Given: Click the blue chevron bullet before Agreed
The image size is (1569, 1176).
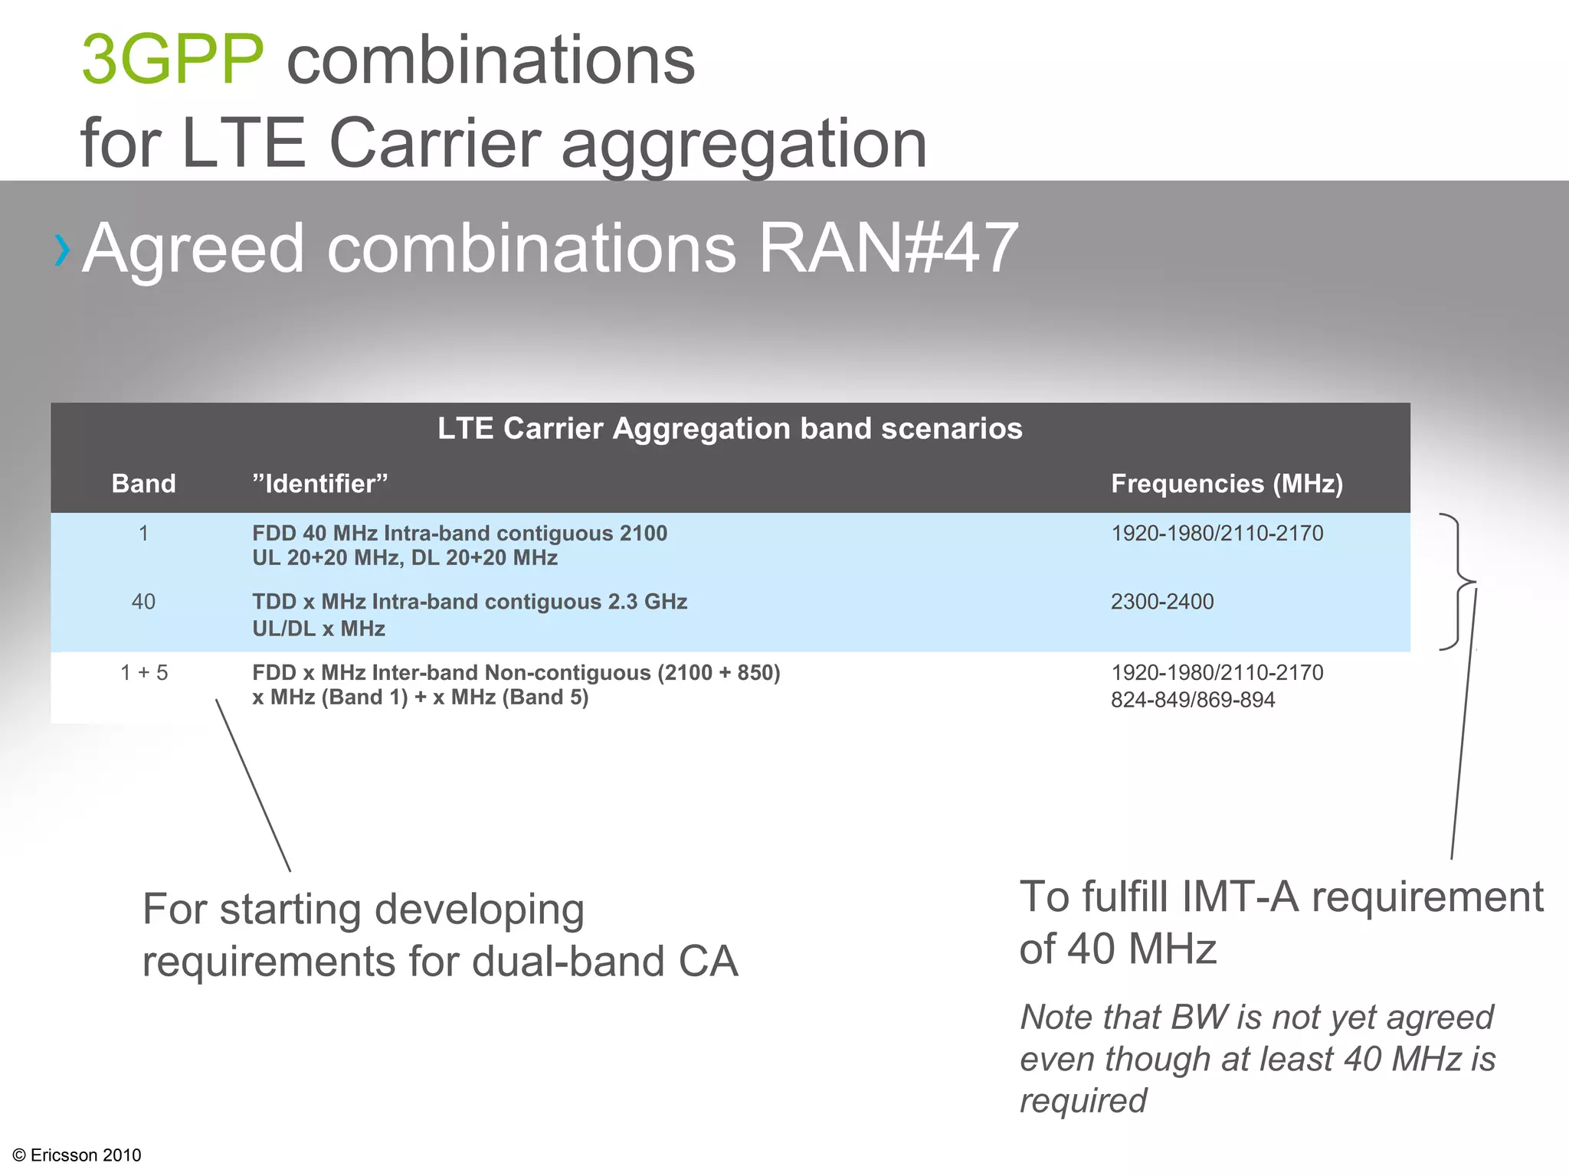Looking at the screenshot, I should coord(62,250).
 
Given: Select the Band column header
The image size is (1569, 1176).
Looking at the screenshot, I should coord(143,484).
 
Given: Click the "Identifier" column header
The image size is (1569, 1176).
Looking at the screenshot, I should coord(320,484).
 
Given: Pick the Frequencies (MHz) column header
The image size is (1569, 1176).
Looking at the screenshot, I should coord(1227,484).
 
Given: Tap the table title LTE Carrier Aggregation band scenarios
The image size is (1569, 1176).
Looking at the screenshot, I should coord(729,429).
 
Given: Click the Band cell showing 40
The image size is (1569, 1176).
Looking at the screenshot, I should coord(143,602).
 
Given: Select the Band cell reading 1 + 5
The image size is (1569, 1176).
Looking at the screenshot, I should coord(144,673).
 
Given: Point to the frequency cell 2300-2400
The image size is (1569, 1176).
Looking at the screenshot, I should coord(1162,602).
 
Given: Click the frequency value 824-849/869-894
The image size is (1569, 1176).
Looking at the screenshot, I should coord(1193,700).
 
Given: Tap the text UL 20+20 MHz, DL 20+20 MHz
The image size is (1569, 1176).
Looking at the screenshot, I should coord(405,558).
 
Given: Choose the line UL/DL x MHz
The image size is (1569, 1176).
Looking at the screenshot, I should coord(319,629).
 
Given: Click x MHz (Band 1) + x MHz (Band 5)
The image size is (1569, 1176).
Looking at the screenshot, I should coord(420,697).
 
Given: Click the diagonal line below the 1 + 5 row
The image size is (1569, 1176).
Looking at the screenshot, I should coord(253,785).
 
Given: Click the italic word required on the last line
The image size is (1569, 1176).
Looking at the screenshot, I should coord(1083,1101).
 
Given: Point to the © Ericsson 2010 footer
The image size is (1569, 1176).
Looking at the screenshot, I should coord(77,1155).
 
